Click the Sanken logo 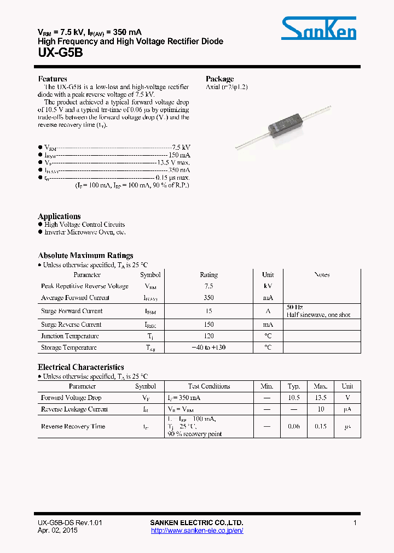pos(318,28)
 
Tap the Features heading pos(53,79)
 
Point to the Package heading pos(219,79)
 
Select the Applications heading pos(59,216)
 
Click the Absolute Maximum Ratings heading pos(85,256)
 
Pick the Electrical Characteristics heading pos(80,367)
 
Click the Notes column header pos(322,275)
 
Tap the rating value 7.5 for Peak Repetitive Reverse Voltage pos(208,286)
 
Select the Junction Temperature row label pos(69,337)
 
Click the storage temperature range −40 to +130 pos(208,348)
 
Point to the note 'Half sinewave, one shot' pos(318,315)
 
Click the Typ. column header pos(294,386)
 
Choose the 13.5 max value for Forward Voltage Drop pos(321,398)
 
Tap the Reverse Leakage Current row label pos(74,409)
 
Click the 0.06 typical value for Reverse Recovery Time pos(294,426)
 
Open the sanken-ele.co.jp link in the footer pos(196,531)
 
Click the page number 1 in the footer pos(355,523)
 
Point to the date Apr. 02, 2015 pos(57,531)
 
